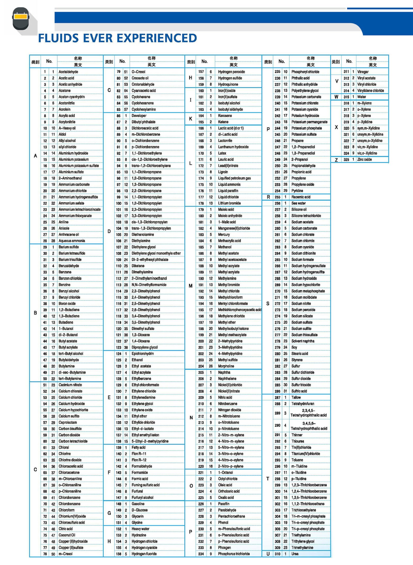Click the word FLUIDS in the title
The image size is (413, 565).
[58, 38]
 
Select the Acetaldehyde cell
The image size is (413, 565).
[68, 72]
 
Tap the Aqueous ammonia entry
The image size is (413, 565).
[72, 241]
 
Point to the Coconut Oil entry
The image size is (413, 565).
[67, 535]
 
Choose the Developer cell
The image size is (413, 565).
[139, 116]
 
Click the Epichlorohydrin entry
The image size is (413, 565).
[142, 354]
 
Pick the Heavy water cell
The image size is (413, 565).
[140, 529]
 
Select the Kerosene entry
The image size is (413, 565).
[225, 116]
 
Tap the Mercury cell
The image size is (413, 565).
[224, 234]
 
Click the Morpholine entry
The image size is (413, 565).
[226, 366]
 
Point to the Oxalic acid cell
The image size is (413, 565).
[226, 498]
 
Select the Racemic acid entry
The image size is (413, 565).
[301, 197]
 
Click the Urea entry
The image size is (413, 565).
[295, 554]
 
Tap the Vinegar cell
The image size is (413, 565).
[363, 72]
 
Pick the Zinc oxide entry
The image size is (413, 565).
[364, 159]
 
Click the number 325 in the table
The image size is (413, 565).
[346, 159]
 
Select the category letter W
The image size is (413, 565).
[336, 97]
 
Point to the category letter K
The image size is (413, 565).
[190, 119]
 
